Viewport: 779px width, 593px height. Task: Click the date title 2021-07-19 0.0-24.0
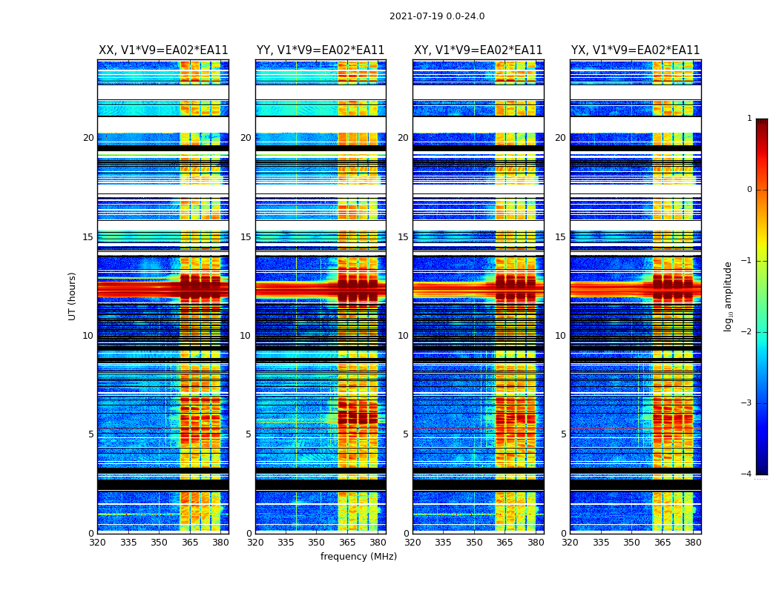[437, 16]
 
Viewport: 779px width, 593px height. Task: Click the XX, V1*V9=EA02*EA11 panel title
[163, 50]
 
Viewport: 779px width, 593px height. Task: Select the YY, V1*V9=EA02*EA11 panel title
[321, 50]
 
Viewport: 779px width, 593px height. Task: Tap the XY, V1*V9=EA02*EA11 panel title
[478, 50]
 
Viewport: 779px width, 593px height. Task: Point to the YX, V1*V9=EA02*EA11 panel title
[635, 50]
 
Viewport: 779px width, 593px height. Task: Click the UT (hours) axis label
[72, 296]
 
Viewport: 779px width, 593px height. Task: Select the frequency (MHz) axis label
[358, 557]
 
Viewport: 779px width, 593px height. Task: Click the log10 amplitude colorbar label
[729, 296]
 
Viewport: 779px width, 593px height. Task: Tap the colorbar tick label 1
[749, 119]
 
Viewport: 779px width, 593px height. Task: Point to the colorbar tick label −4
[747, 474]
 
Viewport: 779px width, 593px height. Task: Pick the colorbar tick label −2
[747, 332]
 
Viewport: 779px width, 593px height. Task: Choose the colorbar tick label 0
[749, 190]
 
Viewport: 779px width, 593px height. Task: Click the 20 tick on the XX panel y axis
[88, 138]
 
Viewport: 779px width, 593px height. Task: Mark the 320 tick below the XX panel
[97, 543]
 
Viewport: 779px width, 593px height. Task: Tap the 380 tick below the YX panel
[693, 543]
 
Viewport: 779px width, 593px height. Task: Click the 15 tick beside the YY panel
[246, 237]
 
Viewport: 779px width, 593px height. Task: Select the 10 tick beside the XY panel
[403, 336]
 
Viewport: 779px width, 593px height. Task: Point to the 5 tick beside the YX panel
[563, 434]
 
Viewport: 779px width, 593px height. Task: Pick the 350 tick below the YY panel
[317, 543]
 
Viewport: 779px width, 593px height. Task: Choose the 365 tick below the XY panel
[504, 543]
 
